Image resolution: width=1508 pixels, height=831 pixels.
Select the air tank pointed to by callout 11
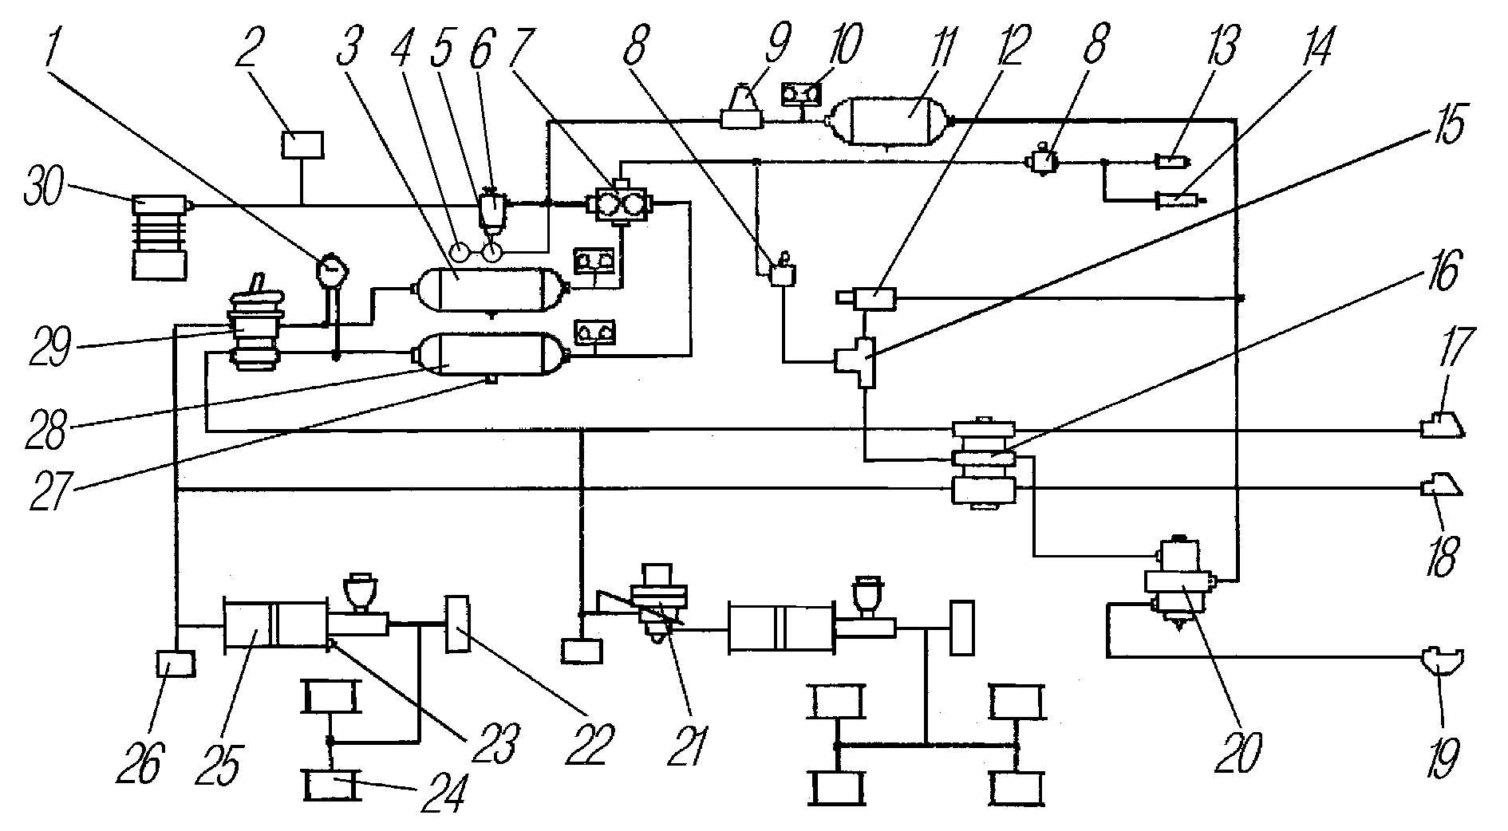pos(892,120)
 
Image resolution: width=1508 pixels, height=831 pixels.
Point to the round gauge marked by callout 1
pos(330,269)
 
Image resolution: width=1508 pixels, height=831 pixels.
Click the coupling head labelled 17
pos(1443,425)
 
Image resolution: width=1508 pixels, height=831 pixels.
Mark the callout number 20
pos(1238,749)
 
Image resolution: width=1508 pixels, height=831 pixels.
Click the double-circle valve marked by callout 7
pos(619,203)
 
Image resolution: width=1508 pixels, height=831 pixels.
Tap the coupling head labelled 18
pos(1443,486)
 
